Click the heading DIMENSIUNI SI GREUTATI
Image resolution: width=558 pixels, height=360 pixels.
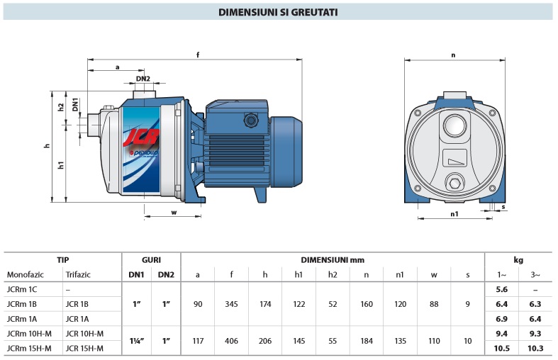click(x=278, y=12)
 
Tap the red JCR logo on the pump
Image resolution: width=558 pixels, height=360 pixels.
click(x=141, y=137)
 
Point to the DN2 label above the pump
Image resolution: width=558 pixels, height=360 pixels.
click(x=143, y=78)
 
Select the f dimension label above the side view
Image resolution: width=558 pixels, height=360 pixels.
click(x=198, y=55)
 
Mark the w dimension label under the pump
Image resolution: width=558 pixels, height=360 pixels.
click(x=174, y=213)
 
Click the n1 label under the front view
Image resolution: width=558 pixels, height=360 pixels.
click(x=454, y=214)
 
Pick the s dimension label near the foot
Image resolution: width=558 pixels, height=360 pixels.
click(x=503, y=207)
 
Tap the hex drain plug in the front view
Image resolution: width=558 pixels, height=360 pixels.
click(x=454, y=184)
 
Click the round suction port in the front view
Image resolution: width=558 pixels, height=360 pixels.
click(x=454, y=125)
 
